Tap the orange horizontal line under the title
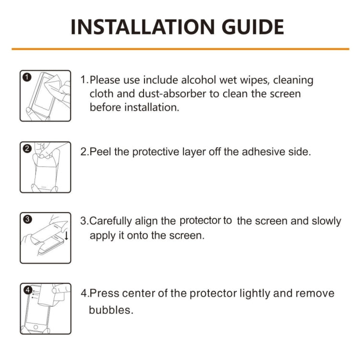click(180, 49)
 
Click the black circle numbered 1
click(27, 77)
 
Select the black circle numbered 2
click(27, 148)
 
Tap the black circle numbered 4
click(27, 290)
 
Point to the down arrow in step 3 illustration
click(66, 236)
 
